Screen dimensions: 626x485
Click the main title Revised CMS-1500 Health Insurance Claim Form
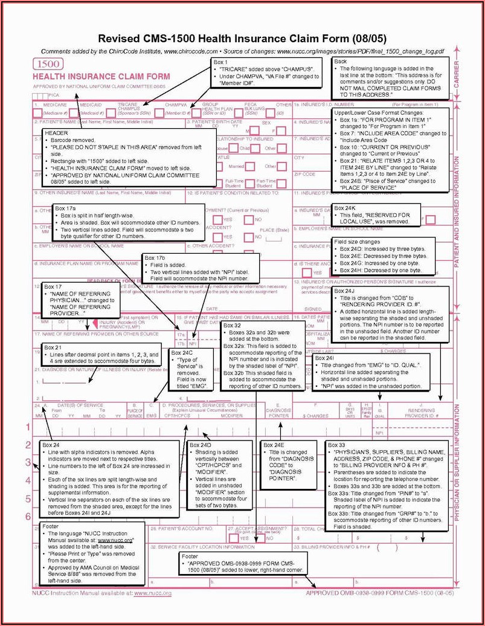pos(242,38)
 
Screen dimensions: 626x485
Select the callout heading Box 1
pos(220,62)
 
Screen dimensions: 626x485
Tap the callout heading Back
pos(341,62)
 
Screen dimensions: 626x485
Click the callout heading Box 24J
pos(346,291)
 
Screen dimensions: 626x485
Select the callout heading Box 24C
pos(182,352)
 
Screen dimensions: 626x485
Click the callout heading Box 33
pos(336,445)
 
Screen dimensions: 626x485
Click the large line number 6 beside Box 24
pos(28,517)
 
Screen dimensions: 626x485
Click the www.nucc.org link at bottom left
pos(152,593)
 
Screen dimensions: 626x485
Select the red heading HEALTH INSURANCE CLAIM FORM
pos(101,77)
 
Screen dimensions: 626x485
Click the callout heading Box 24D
pos(201,445)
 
